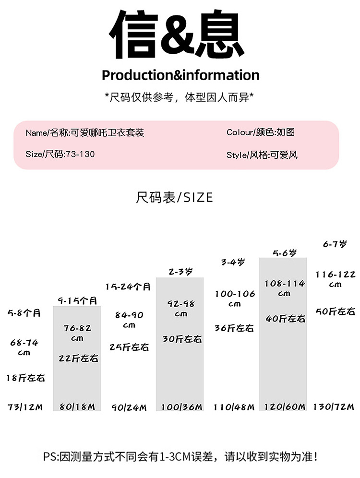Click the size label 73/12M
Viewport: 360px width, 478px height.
pos(25,407)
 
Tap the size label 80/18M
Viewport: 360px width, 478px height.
pos(77,407)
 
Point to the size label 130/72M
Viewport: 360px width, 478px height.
pos(334,407)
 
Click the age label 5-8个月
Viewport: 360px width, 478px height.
pos(24,313)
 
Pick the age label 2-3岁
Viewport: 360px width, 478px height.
pos(180,272)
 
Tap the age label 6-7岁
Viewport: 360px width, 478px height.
pos(334,244)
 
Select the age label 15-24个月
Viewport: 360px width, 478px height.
pos(128,287)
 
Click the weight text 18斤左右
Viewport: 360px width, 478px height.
pos(26,378)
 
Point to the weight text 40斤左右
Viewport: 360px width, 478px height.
pos(285,319)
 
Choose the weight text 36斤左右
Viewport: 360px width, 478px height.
pos(234,329)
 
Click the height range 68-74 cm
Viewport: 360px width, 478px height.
pos(24,347)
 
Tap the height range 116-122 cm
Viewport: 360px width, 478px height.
pos(335,279)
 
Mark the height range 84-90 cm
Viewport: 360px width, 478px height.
pos(129,320)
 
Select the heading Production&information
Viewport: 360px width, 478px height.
pos(180,75)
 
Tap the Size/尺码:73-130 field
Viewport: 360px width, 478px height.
pos(60,154)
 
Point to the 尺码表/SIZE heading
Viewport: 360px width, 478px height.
pos(174,197)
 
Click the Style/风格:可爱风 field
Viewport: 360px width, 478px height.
pos(262,155)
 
